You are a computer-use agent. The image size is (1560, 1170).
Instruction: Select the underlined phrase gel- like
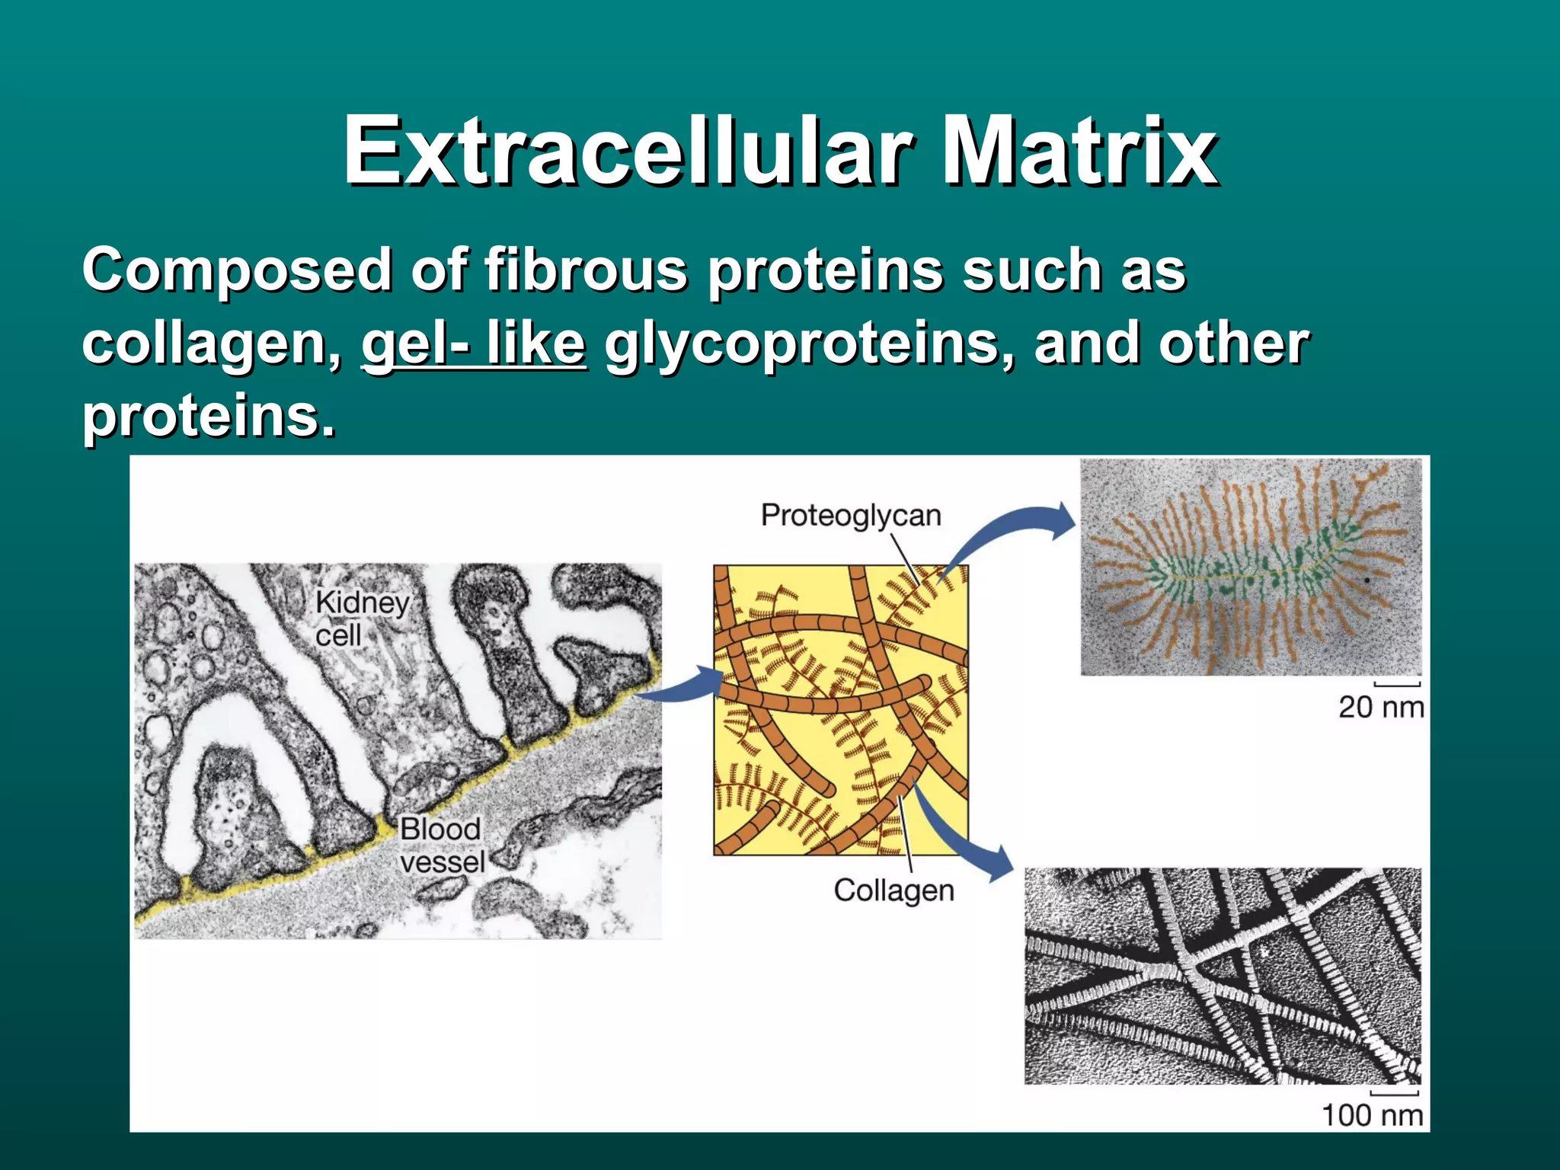[x=473, y=343]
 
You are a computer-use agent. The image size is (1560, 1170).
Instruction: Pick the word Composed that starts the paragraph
[x=237, y=270]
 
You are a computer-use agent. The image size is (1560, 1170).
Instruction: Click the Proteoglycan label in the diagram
[x=851, y=516]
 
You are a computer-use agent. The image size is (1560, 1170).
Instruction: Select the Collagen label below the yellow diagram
[x=893, y=890]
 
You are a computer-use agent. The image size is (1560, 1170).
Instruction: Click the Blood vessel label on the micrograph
[x=441, y=845]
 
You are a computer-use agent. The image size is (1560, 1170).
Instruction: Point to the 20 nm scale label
[x=1380, y=707]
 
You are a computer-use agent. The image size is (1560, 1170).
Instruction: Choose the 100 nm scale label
[x=1372, y=1115]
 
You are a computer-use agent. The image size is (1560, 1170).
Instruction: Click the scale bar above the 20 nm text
[x=1397, y=684]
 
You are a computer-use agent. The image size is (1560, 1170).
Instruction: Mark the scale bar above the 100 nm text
[x=1394, y=1094]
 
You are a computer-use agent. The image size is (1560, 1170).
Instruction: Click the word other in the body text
[x=1233, y=343]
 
